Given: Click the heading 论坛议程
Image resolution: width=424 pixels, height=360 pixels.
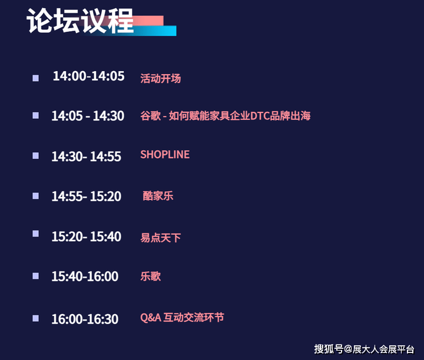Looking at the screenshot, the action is pos(80,21).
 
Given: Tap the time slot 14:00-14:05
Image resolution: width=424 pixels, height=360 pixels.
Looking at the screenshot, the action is pos(89,76).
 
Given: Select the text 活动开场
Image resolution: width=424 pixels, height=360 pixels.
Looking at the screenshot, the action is pos(160,79).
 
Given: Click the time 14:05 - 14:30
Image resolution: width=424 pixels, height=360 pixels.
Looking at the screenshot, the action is pos(88,116).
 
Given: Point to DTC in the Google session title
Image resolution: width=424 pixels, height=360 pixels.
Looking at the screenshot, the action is pos(260,116).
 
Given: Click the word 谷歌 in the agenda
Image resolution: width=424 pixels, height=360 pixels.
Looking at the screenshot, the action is pos(150,116).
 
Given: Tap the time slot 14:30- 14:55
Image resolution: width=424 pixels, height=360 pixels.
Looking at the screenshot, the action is pos(86,156).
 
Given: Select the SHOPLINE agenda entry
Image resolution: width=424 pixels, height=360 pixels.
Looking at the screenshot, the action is pos(165,155).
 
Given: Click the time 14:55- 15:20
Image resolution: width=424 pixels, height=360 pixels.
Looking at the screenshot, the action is pos(86,196).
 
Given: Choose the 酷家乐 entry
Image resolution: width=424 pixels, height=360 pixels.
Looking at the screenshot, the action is pos(158,196).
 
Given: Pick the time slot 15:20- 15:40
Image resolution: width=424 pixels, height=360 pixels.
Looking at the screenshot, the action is pos(86,236).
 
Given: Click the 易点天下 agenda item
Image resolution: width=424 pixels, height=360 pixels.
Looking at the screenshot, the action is pos(160,238).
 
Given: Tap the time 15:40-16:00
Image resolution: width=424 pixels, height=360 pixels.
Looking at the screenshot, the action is pos(85,276).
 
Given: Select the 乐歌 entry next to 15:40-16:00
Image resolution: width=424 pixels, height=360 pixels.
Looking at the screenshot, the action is pos(150,276).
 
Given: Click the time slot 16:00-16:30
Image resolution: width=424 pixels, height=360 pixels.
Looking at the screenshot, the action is pos(85,319).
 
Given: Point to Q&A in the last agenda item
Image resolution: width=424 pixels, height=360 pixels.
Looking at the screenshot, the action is pos(151,318).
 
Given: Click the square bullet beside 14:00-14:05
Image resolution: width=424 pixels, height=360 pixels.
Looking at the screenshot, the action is pos(36,78).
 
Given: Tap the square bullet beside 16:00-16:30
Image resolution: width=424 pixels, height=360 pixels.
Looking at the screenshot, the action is pos(36,318).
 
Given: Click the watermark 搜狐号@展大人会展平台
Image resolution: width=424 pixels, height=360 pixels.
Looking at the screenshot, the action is pos(364,349).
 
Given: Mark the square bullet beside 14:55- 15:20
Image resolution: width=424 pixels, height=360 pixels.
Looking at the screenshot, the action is pos(36,196).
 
